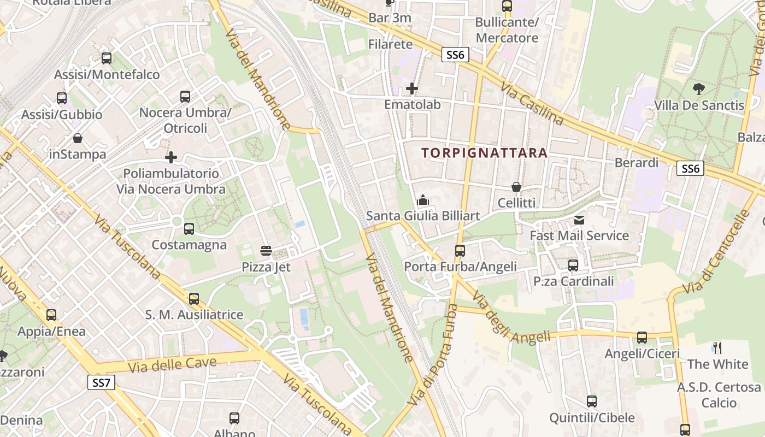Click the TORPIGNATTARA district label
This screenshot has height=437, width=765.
(x=484, y=153)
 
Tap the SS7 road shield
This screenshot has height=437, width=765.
(x=101, y=383)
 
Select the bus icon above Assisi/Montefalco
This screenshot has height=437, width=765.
(x=107, y=58)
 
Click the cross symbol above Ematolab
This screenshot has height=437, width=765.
(x=412, y=88)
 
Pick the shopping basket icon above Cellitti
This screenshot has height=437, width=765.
(x=516, y=187)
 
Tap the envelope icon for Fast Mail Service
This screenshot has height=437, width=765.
(x=579, y=220)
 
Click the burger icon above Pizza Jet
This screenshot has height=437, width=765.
(x=266, y=251)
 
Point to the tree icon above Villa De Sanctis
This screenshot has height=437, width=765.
(x=698, y=89)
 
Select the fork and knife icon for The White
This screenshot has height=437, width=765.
(x=717, y=348)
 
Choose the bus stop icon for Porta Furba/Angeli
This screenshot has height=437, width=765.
(x=460, y=251)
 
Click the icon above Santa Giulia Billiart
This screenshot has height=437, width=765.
(x=423, y=200)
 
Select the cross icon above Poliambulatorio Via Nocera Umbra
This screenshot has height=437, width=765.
(x=171, y=158)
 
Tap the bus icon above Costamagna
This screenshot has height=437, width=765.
(x=189, y=229)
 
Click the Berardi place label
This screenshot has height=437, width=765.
(x=637, y=163)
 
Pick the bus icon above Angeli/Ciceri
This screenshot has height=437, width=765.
(x=642, y=338)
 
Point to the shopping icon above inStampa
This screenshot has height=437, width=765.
(x=78, y=138)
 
